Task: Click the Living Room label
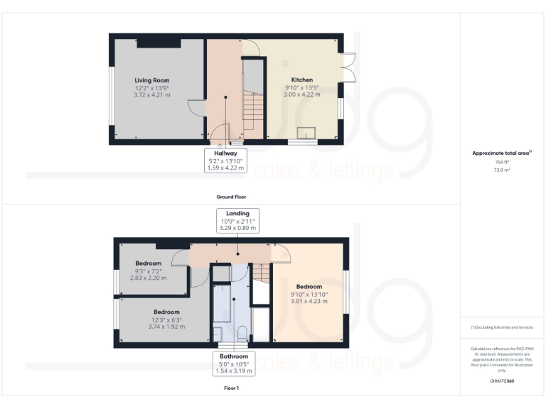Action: point(151,80)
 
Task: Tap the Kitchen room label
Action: point(302,80)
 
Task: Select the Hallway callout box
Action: point(225,159)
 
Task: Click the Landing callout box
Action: point(237,221)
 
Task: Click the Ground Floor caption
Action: point(231,196)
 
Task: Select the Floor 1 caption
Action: point(231,388)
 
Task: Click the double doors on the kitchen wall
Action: point(346,67)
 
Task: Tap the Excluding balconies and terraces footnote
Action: point(501,327)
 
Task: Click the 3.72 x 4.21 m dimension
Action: point(151,94)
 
